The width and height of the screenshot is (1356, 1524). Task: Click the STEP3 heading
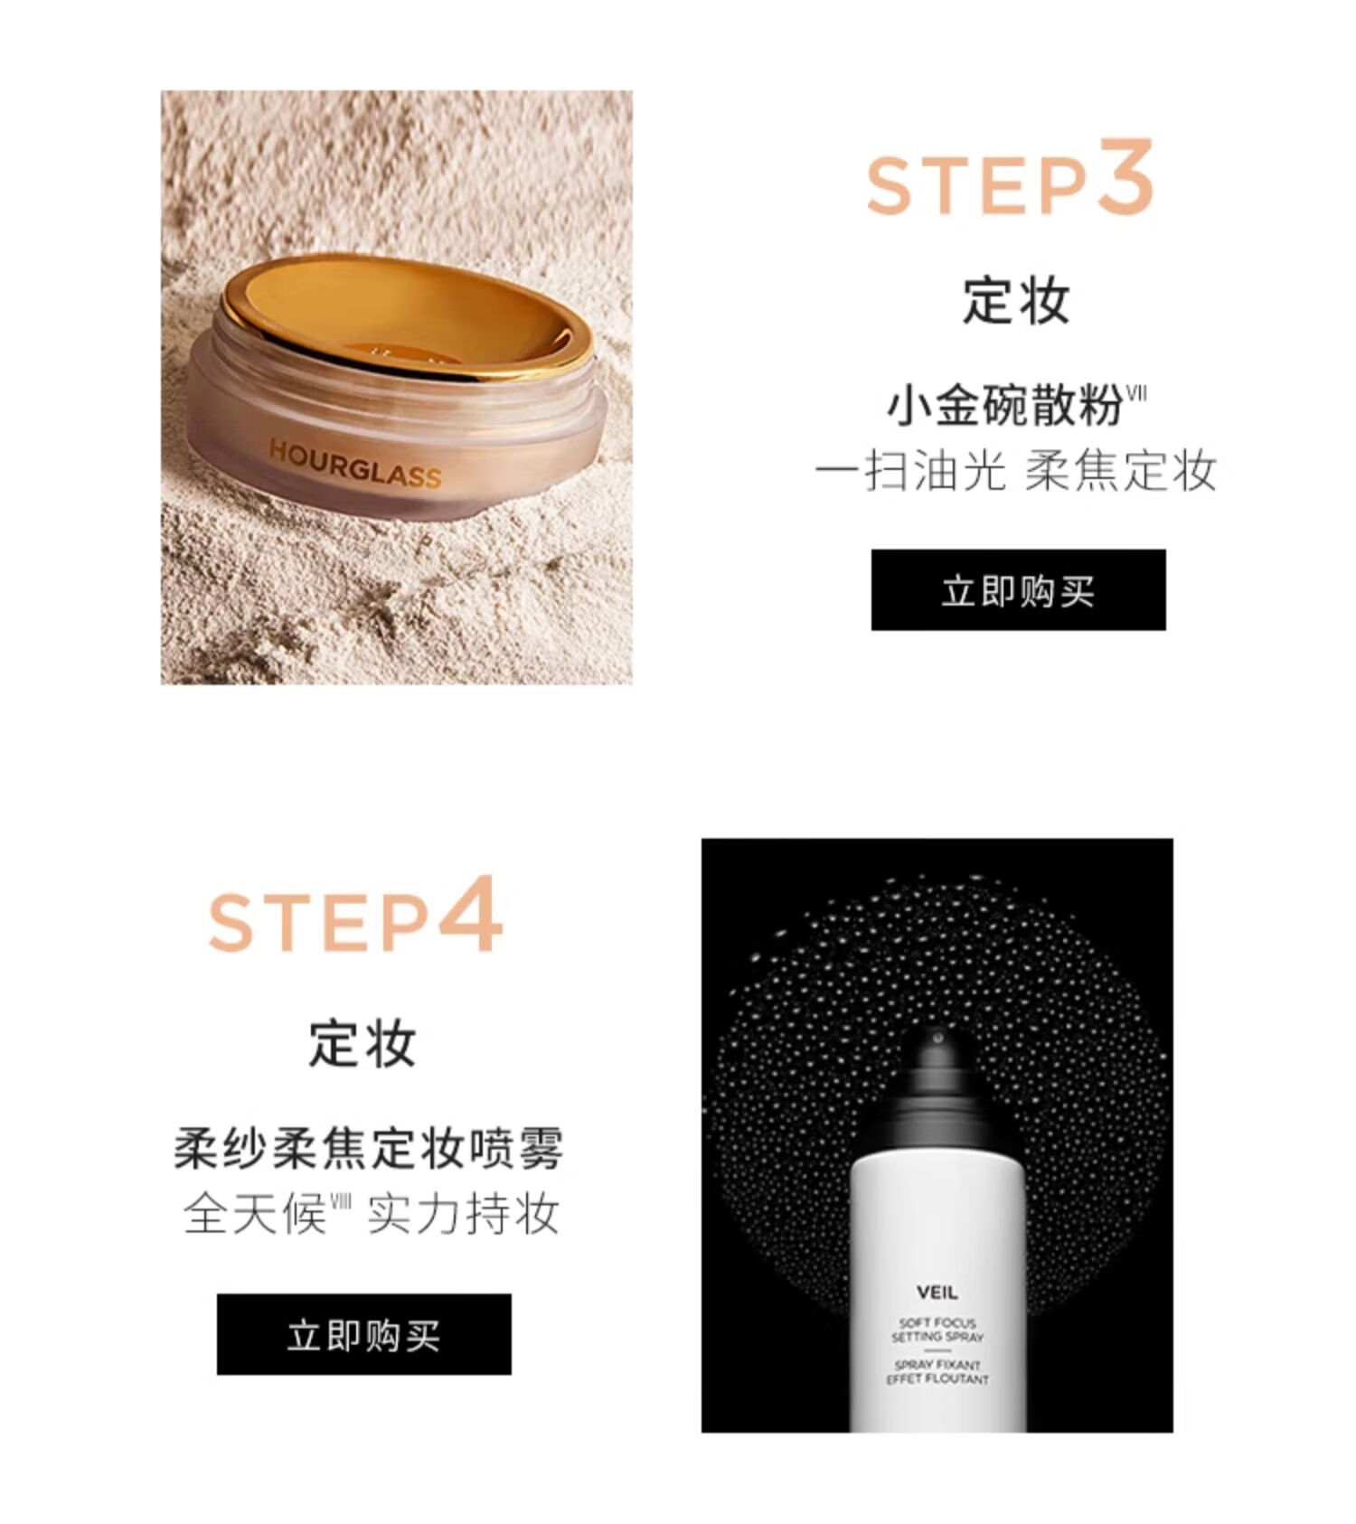(1010, 178)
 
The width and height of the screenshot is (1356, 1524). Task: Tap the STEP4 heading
(355, 915)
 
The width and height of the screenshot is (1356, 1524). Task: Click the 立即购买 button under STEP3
(1018, 589)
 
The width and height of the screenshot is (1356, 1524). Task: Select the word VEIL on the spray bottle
(937, 1293)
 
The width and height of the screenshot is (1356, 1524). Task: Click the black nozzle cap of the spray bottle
(937, 1076)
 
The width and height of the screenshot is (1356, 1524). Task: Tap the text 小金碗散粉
(1004, 404)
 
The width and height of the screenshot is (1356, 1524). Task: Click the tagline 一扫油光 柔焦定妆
(1016, 471)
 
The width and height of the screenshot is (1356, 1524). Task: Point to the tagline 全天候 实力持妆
(372, 1214)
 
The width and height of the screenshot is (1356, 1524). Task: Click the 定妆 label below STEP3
(1016, 300)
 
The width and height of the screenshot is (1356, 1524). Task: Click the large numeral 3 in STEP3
(1125, 176)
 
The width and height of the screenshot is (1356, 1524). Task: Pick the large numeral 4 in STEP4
(470, 913)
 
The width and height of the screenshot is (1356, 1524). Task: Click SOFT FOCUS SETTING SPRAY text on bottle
(937, 1330)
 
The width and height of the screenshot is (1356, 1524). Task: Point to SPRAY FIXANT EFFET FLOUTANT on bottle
(937, 1372)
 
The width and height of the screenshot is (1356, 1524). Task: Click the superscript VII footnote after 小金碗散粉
(1136, 392)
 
